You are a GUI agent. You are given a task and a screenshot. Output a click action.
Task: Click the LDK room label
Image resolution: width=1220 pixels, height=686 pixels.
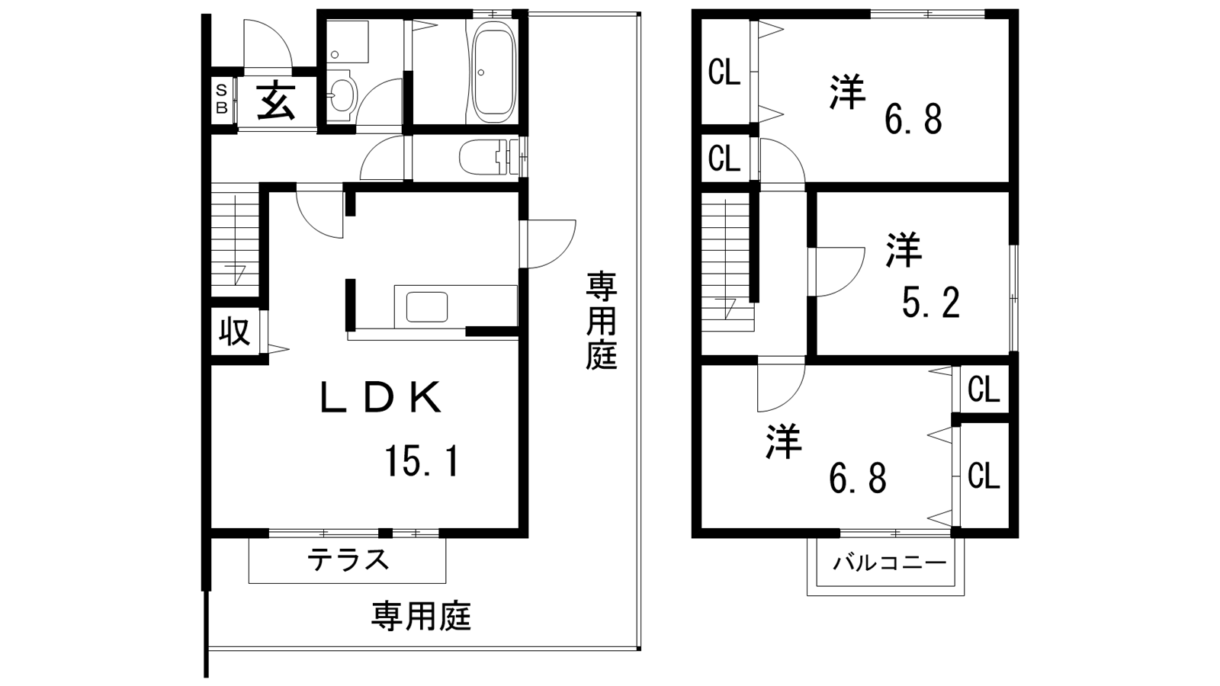coord(380,397)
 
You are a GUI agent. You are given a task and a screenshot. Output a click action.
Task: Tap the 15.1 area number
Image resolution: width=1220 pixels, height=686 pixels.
coord(423,460)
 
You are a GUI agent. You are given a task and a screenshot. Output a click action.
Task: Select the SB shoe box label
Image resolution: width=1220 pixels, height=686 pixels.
coord(222,99)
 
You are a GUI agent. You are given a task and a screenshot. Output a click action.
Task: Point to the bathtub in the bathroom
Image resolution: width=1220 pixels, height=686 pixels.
coord(493,70)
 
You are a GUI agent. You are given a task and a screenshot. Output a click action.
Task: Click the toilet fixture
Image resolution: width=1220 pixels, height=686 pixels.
coord(486,157)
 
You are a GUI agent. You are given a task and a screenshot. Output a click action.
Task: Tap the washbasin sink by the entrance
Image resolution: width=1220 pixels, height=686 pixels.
coord(342,96)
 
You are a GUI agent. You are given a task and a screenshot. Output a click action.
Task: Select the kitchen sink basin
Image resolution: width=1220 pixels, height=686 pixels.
coord(427,307)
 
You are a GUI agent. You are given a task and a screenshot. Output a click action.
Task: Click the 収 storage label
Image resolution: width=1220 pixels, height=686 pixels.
coord(235,332)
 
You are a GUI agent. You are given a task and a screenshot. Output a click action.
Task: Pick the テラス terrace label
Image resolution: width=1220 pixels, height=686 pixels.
coord(348,559)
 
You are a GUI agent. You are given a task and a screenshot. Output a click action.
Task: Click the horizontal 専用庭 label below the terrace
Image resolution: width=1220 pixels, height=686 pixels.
coord(421,616)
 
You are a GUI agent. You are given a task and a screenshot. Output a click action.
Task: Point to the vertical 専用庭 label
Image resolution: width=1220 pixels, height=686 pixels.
coord(602,322)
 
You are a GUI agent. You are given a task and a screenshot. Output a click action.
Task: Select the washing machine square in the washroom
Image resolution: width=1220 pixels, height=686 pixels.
coord(348,42)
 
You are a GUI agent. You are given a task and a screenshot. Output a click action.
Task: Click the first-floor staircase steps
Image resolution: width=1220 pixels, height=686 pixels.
coord(235,239)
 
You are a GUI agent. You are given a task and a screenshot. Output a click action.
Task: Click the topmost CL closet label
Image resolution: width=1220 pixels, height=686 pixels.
coord(724,72)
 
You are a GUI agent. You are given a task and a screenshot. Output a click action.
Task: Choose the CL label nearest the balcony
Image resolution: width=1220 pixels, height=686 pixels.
coord(984,476)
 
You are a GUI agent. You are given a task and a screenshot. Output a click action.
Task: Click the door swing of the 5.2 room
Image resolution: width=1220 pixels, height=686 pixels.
coord(840,272)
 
